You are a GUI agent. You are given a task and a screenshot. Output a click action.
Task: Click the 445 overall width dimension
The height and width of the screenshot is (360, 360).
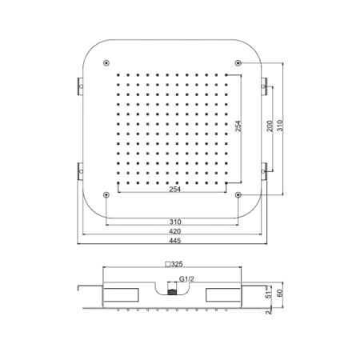[x=175, y=241]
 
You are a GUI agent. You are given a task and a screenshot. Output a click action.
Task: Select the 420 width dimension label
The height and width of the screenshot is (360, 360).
[x=175, y=231]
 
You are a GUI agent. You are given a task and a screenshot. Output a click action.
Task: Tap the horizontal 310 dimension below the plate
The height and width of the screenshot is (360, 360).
[x=175, y=222]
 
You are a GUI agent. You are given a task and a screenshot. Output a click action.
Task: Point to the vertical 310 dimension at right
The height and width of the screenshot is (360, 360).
[x=280, y=126]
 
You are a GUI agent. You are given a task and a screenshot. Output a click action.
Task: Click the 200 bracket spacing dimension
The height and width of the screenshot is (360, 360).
[x=270, y=126]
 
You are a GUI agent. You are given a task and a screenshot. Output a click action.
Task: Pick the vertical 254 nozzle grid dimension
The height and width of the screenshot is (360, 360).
[x=238, y=126]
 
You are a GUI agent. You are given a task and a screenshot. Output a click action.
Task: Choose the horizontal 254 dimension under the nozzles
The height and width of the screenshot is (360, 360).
[x=175, y=190]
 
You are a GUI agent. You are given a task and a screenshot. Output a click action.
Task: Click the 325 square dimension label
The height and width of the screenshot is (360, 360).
[x=174, y=264]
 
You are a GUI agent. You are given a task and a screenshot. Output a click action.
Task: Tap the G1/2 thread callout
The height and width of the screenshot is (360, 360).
[x=186, y=279]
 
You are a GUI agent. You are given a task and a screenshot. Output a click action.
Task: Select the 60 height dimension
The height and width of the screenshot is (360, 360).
[x=279, y=293]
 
